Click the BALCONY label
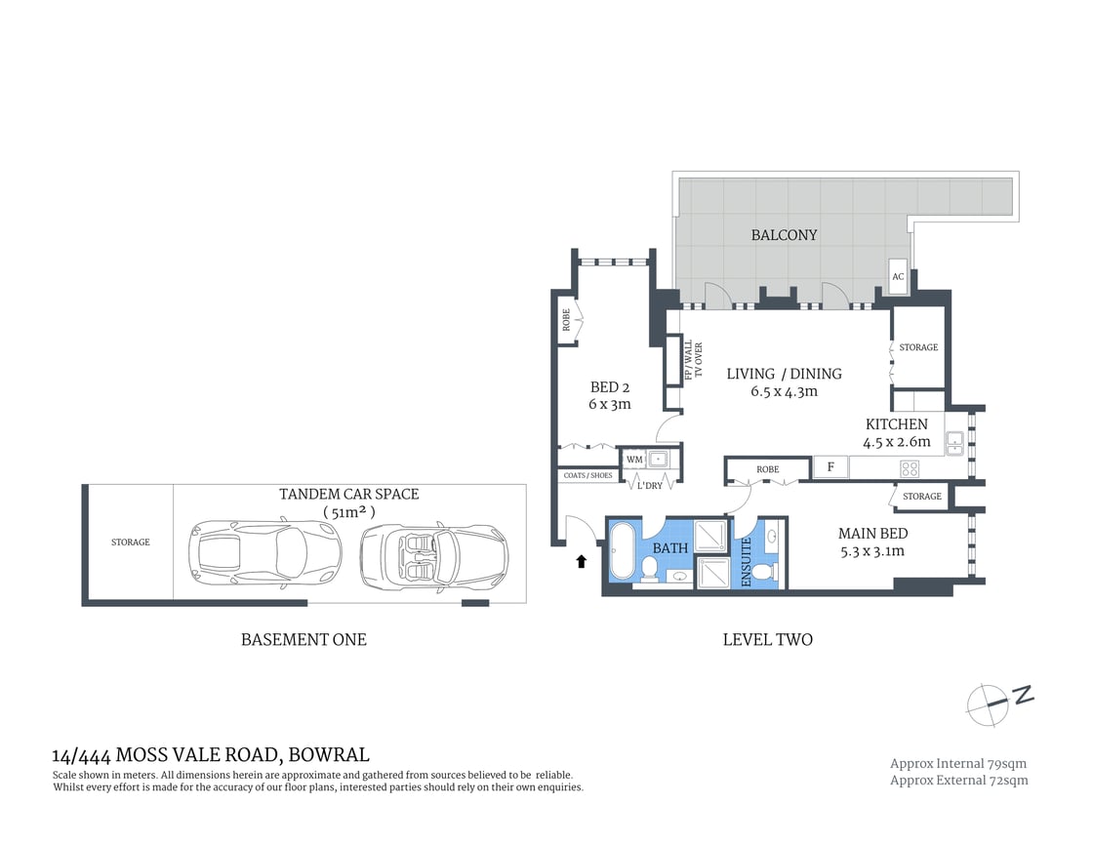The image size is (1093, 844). tap(784, 235)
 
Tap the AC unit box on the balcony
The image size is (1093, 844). tap(898, 276)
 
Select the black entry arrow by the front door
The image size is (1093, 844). tap(582, 560)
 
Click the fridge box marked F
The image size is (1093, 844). tap(830, 467)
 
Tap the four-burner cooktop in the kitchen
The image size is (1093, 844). tap(910, 468)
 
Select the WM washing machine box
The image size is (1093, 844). tap(634, 459)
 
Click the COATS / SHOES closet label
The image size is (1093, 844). tap(588, 475)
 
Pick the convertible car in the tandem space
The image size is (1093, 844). tap(434, 557)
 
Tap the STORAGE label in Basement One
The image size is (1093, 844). tap(130, 543)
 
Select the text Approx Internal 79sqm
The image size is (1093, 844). tap(957, 763)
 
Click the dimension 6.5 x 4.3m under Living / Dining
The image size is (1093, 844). tap(784, 391)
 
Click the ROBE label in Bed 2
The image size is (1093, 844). tap(565, 321)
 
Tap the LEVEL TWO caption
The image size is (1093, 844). tap(767, 640)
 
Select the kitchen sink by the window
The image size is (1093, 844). tap(953, 444)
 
